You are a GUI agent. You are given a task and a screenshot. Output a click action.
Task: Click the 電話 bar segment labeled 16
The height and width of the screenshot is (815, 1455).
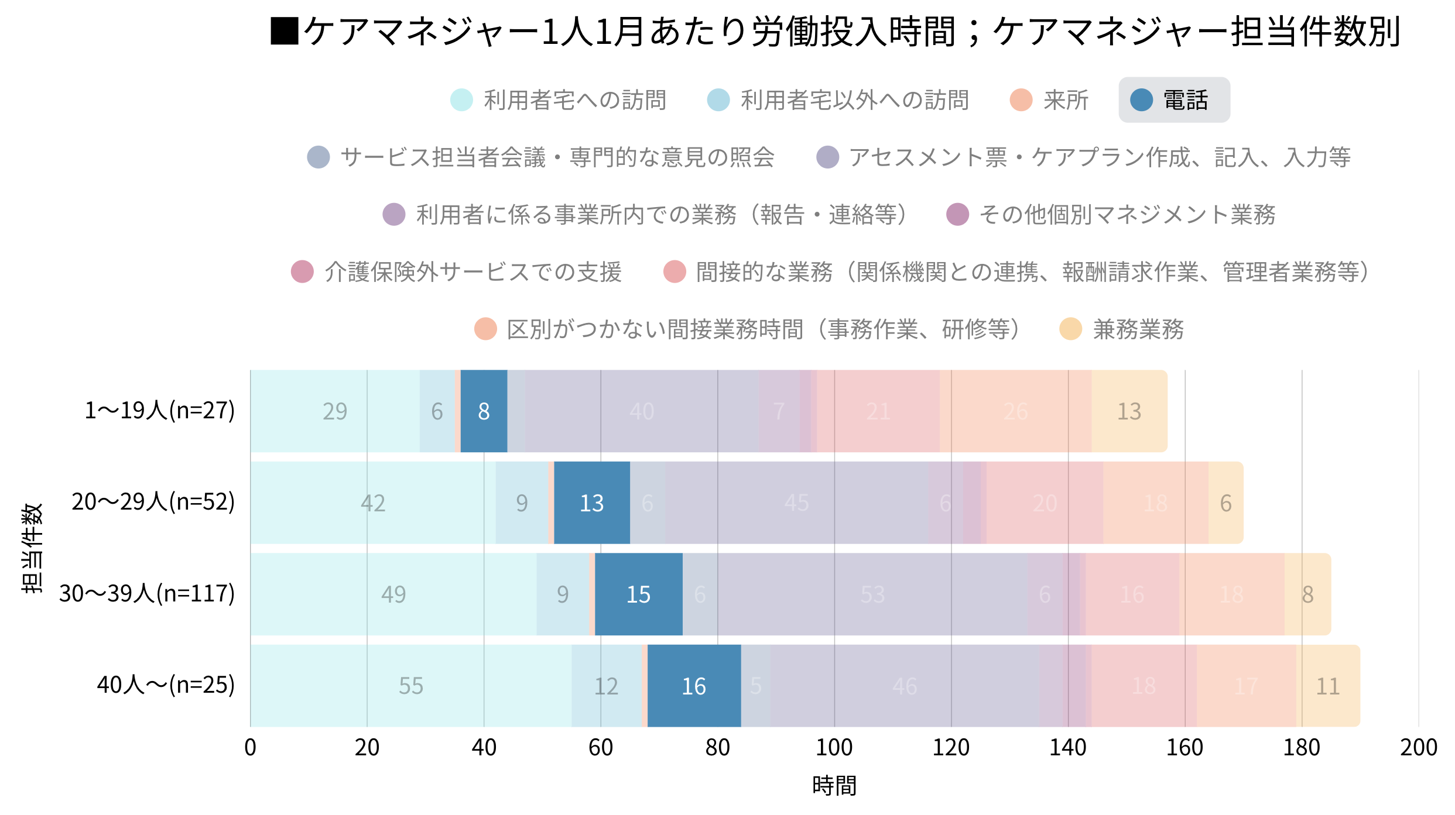694,686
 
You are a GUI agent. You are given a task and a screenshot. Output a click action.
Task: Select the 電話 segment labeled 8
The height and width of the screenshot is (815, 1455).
484,411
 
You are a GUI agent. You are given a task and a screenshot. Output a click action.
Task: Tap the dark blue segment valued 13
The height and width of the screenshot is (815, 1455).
591,503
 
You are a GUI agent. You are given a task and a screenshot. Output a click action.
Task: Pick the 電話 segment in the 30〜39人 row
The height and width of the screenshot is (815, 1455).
638,594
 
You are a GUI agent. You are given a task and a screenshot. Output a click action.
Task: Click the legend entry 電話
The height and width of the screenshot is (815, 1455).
1174,100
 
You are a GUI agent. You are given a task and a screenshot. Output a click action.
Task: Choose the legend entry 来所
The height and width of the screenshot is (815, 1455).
1049,100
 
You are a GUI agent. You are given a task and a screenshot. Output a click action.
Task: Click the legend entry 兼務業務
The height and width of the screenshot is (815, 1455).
1122,329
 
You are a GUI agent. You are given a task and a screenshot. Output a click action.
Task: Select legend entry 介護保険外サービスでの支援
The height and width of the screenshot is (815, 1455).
457,272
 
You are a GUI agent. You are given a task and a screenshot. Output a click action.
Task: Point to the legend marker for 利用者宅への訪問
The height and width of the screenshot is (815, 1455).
461,100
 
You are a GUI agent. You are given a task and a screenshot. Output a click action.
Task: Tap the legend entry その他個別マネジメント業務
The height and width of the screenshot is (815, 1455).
1111,215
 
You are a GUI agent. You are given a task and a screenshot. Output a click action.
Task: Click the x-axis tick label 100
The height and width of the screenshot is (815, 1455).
834,748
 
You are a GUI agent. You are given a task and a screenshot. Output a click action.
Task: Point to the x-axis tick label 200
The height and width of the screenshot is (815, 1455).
1418,748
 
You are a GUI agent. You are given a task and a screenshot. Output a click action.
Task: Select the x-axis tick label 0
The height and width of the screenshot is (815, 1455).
251,748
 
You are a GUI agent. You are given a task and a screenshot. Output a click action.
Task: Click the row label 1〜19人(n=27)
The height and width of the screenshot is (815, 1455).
159,411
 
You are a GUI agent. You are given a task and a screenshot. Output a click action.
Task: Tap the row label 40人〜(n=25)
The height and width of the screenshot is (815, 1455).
166,685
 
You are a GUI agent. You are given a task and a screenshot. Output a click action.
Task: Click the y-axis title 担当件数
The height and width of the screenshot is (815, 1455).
32,548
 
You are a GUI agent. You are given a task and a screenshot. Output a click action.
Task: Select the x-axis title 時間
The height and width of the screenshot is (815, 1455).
834,785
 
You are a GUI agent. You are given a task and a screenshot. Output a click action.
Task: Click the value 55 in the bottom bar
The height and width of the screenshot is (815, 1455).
410,686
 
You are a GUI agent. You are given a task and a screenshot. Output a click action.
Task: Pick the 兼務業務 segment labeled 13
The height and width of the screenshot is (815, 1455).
1129,411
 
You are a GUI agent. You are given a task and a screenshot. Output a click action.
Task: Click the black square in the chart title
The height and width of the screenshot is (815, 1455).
285,31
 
